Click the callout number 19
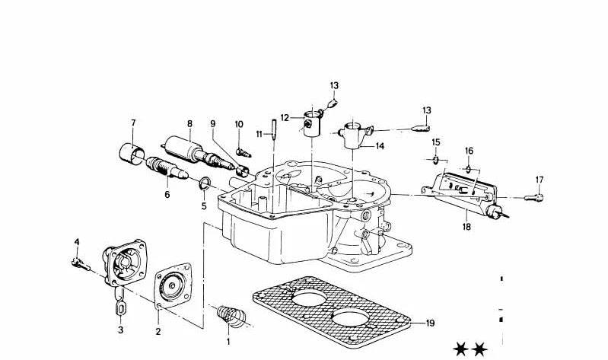pyautogui.click(x=430, y=323)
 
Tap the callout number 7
pyautogui.click(x=133, y=123)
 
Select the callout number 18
pyautogui.click(x=466, y=226)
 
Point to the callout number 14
pyautogui.click(x=380, y=145)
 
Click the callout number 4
pyautogui.click(x=77, y=242)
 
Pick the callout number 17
pyautogui.click(x=540, y=180)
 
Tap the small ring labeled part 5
pyautogui.click(x=204, y=183)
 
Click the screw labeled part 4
pyautogui.click(x=78, y=263)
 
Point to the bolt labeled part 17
pyautogui.click(x=536, y=197)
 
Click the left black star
pyautogui.click(x=460, y=349)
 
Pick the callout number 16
pyautogui.click(x=469, y=151)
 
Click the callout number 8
pyautogui.click(x=189, y=123)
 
